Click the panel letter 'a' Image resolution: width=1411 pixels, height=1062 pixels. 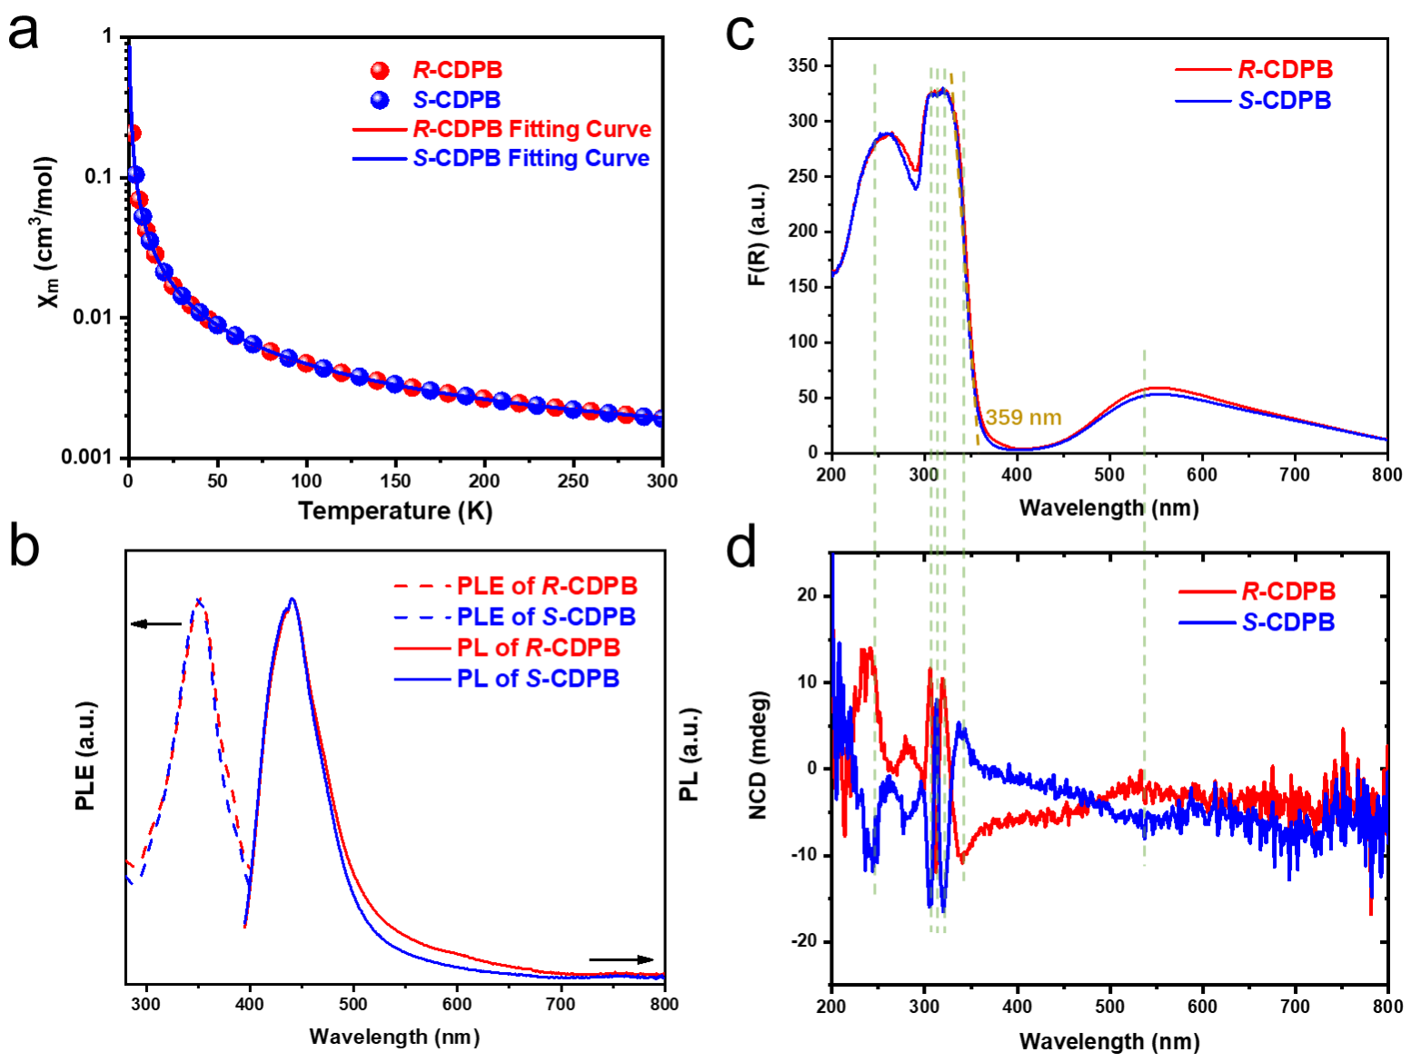pyautogui.click(x=24, y=33)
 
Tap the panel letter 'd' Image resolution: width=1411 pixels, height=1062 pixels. pyautogui.click(x=742, y=548)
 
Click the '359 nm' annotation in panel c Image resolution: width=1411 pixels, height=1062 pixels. pyautogui.click(x=1023, y=418)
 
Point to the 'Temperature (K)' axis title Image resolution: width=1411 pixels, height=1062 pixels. pyautogui.click(x=395, y=511)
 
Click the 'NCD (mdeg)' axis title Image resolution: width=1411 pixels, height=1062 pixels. pyautogui.click(x=759, y=755)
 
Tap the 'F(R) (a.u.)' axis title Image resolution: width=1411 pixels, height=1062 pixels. pyautogui.click(x=757, y=234)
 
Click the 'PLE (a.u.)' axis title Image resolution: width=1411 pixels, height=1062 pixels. pyautogui.click(x=85, y=756)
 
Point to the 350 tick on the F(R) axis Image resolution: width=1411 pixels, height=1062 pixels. pyautogui.click(x=803, y=65)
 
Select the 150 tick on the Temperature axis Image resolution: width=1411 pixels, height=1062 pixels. pyautogui.click(x=395, y=481)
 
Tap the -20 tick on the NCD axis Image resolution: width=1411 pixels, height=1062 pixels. pyautogui.click(x=803, y=942)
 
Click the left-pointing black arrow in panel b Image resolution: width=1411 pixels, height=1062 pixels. pyautogui.click(x=156, y=624)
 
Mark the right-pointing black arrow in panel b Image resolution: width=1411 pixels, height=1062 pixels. pyautogui.click(x=621, y=959)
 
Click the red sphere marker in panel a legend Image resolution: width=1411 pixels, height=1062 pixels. pyautogui.click(x=380, y=71)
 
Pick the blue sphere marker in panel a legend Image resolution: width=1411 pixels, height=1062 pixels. pyautogui.click(x=380, y=100)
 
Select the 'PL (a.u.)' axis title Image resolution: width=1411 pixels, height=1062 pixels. pyautogui.click(x=690, y=755)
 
